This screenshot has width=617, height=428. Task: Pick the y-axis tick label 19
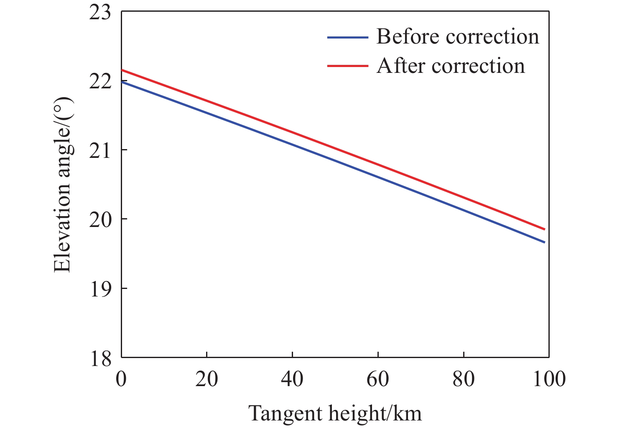pos(100,289)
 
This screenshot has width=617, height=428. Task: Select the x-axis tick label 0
pos(121,379)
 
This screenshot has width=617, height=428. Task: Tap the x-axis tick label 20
pos(207,379)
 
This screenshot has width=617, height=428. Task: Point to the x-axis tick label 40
pos(292,379)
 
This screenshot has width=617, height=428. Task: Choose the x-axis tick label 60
pos(378,379)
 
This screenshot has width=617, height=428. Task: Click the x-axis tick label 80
pos(464,379)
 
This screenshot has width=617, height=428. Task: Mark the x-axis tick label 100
pos(548,379)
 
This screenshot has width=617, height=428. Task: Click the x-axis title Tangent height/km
pos(335,414)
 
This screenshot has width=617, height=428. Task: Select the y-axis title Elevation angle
pos(63,185)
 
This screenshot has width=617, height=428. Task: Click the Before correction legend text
pos(458,37)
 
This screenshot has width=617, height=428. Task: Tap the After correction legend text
pos(451,66)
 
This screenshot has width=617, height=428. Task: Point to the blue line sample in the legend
pos(348,37)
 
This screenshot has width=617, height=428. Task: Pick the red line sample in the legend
pos(348,66)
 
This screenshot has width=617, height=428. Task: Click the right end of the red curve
pos(545,229)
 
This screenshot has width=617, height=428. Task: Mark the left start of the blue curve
pos(122,82)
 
